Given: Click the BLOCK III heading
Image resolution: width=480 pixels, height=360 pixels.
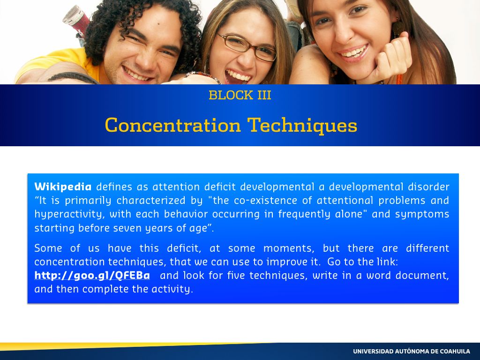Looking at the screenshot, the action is pos(240,95).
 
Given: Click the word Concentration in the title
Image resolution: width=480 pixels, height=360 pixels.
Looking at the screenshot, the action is pos(173,126).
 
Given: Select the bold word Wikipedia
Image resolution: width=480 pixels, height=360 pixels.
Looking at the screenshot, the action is pos(63,187).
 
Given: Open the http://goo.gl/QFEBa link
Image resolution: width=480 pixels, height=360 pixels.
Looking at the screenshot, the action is pos(92,276).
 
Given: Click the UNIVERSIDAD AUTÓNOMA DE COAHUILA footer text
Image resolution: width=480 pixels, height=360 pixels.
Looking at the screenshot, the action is pos(412,351).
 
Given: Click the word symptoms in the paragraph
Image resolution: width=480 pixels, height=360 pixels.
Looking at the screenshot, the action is pos(422,214).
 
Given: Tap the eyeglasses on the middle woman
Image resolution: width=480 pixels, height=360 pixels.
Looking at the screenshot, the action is pos(247,47).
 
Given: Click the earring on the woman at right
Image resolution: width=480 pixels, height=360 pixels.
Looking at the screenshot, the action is pos(397,28).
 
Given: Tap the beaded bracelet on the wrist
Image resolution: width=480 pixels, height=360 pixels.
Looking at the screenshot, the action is pos(203,76).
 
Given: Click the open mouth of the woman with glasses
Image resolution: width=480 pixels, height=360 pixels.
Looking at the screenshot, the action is pos(237,76).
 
